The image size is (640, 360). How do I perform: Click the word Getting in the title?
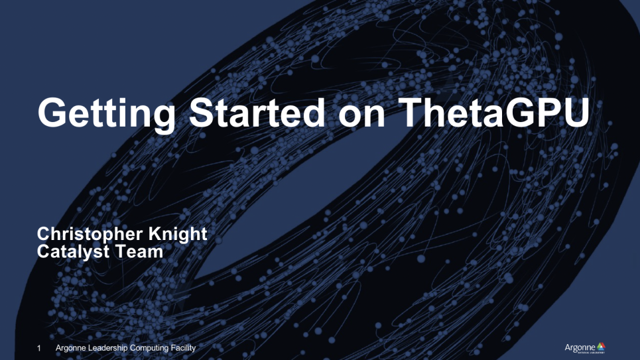tap(106, 114)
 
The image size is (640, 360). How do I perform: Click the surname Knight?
tap(180, 234)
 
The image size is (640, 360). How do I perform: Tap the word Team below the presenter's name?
tap(141, 251)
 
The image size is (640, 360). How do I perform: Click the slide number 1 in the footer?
tap(39, 348)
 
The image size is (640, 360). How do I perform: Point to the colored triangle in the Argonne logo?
tap(601, 345)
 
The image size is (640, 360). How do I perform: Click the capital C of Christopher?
tap(44, 234)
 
